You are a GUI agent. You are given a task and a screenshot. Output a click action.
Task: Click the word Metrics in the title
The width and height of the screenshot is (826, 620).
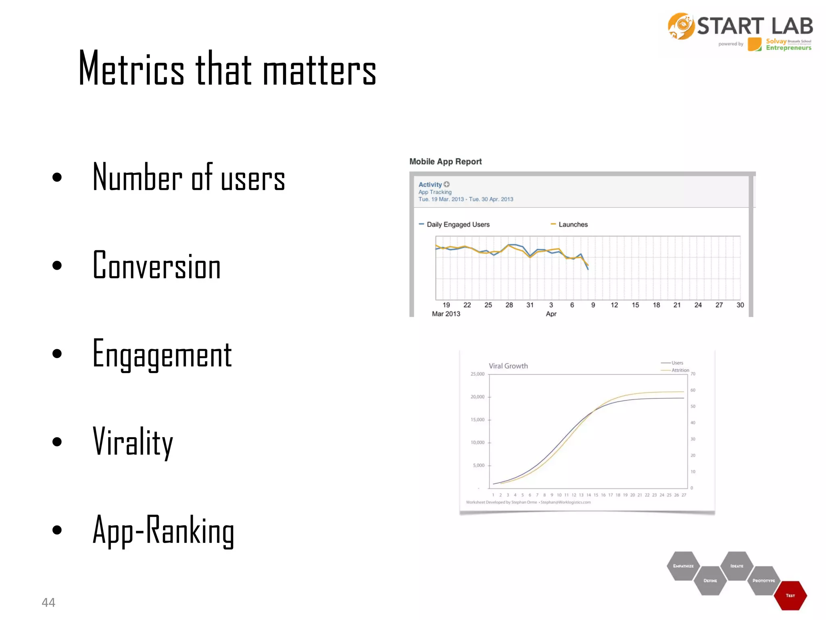point(131,69)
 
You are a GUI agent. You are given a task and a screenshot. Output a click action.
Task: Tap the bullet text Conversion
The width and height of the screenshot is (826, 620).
point(156,266)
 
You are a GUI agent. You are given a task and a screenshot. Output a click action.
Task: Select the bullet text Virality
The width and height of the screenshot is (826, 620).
point(133,442)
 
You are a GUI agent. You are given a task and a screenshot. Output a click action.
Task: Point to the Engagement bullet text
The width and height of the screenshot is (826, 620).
point(162,354)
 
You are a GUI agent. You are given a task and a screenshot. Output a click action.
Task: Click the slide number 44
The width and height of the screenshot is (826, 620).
point(48,602)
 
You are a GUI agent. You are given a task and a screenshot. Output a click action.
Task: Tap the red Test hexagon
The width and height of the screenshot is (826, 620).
point(790,595)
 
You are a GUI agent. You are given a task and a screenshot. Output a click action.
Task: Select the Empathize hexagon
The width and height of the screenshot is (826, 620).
point(683,566)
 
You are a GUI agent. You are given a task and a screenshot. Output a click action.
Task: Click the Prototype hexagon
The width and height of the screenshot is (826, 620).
point(763,580)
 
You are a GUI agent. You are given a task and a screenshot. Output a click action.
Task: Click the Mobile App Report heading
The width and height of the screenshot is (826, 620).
point(445,161)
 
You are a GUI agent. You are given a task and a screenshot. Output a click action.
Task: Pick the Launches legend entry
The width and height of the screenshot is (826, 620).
point(572,224)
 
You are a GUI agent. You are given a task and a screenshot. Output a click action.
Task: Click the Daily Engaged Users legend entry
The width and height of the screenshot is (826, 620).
point(458,224)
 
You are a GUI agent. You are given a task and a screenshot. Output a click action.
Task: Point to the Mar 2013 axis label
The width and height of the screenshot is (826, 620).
point(446,314)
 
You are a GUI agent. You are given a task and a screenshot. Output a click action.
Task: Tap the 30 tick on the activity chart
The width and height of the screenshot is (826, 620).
point(740,305)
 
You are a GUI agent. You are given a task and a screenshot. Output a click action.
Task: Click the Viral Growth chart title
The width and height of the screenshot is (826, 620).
point(508,366)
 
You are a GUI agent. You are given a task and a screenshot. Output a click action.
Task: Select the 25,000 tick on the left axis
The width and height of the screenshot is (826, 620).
point(478,374)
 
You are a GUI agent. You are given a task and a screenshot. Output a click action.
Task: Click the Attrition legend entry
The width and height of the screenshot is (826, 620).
point(680,370)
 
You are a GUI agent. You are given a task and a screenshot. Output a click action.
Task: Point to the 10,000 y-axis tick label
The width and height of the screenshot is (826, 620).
point(478,442)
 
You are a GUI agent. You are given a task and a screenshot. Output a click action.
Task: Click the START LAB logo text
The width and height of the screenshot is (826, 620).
point(755,26)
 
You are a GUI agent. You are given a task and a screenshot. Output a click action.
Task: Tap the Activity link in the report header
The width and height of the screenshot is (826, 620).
point(430,184)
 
